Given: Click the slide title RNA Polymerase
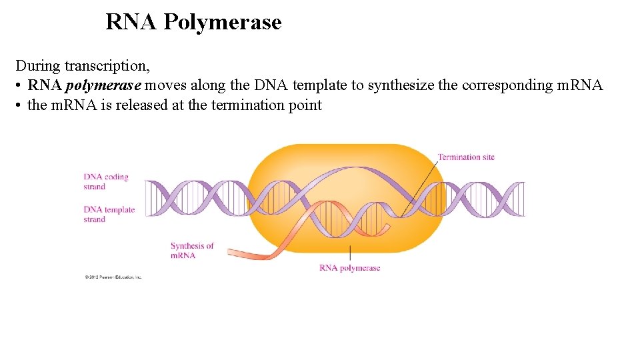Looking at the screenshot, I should click(x=193, y=22).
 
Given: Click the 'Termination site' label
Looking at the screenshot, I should click(x=466, y=157).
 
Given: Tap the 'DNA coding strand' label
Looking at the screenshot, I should click(x=105, y=181).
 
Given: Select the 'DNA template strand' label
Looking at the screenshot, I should click(x=109, y=214).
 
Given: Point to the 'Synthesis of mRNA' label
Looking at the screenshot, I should click(x=192, y=250).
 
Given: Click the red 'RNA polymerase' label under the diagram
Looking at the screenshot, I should click(x=349, y=268).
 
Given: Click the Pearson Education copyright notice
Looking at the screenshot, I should click(x=113, y=277).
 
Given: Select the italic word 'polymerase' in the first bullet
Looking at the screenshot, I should click(x=103, y=85).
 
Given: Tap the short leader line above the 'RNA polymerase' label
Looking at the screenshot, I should click(x=350, y=253).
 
